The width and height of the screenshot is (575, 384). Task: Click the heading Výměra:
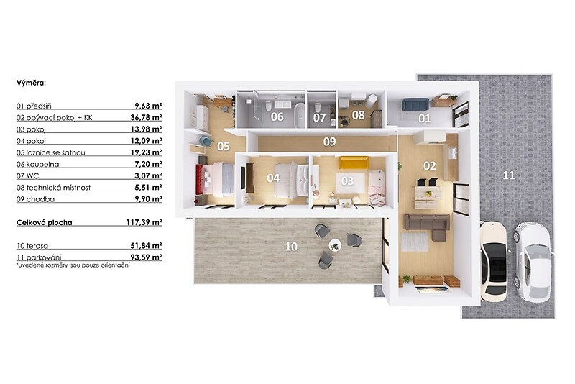pos(31,83)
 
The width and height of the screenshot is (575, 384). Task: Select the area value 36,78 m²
pos(147,117)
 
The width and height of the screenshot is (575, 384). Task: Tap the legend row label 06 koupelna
pos(38,164)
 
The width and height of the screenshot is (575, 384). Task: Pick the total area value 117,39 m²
pos(144,222)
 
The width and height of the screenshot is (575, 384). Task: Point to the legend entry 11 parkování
pos(39,257)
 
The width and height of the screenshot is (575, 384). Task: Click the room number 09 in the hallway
pos(329,142)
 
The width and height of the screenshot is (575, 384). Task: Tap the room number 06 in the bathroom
pos(277,117)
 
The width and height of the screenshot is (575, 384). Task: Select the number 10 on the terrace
pos(291,247)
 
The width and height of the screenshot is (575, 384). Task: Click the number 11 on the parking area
pos(509,175)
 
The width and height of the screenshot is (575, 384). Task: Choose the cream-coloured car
pos(494,261)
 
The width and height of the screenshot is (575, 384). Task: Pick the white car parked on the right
pos(533,262)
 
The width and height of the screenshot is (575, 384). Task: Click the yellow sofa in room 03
pos(354,163)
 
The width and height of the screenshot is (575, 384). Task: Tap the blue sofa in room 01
pos(415,104)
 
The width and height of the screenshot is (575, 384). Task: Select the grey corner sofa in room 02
pos(428,226)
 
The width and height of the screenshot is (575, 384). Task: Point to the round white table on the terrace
pos(335,245)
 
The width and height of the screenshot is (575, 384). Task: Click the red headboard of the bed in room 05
pos(199,179)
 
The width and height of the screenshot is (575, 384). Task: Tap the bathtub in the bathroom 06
pos(300,115)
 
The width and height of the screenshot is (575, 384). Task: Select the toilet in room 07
pos(317,107)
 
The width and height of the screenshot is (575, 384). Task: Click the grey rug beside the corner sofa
pos(415,242)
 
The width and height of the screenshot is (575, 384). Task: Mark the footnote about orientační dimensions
pos(73,265)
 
